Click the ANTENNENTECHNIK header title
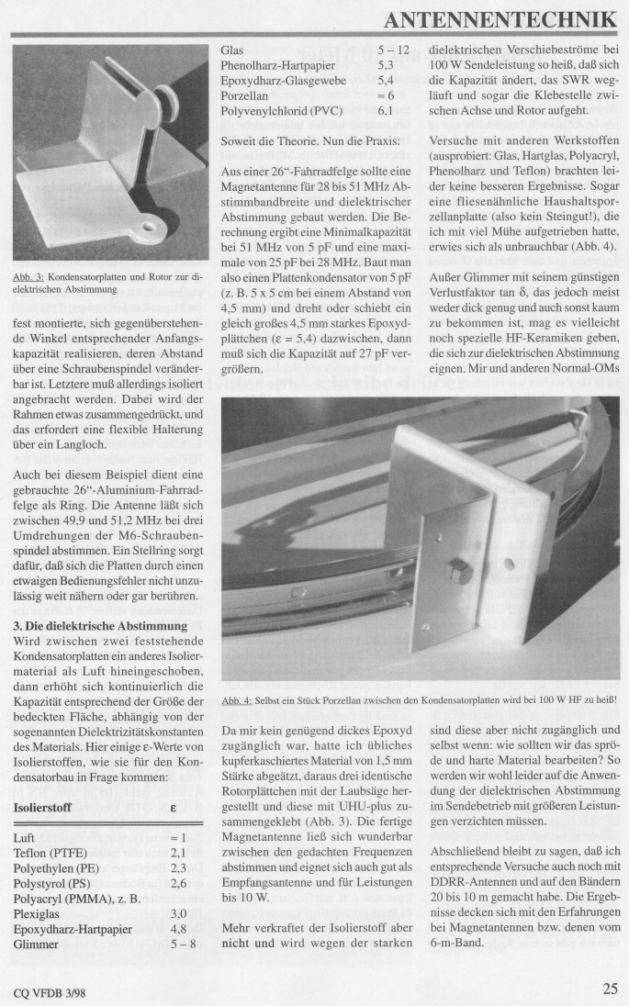point(501,19)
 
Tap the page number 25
point(610,989)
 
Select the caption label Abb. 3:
point(28,275)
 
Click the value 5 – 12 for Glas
point(394,50)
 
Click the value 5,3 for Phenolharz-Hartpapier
point(386,65)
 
